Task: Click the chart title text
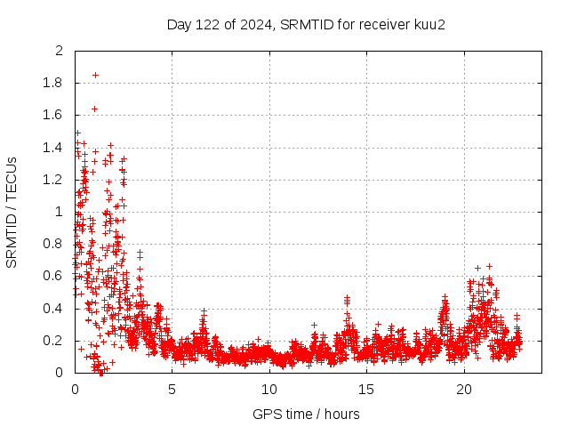306,24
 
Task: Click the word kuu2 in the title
428,24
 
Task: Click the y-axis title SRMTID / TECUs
12,212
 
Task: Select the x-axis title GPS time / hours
306,414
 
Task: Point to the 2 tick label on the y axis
59,51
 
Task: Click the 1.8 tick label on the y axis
54,83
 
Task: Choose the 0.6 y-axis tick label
54,276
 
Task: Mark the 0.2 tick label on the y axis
54,341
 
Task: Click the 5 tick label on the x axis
172,390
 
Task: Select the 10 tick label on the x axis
269,390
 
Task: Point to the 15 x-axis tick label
366,390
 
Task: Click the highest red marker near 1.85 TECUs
95,75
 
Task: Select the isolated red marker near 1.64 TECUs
94,109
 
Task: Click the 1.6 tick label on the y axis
54,115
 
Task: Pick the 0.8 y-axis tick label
54,244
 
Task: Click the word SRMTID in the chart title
302,24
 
